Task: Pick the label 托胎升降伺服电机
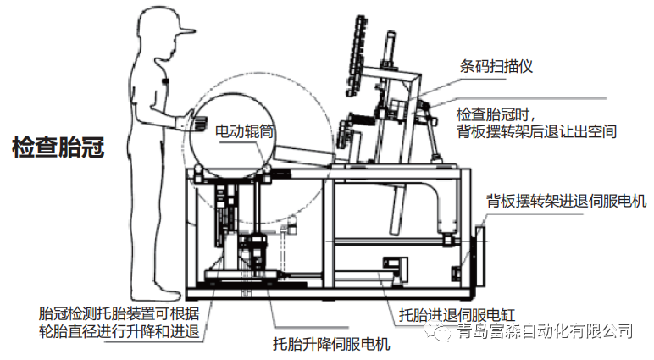(x=330, y=345)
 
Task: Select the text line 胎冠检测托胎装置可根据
(x=119, y=313)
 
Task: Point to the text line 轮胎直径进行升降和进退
(x=119, y=330)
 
